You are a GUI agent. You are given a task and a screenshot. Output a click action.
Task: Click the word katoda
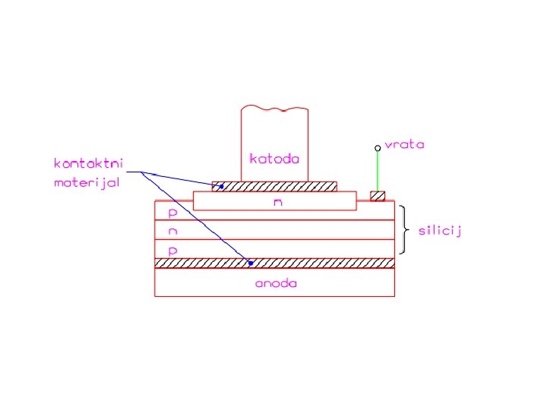click(274, 159)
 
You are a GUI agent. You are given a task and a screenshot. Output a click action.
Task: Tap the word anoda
click(275, 284)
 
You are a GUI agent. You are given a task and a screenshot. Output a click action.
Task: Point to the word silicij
click(440, 230)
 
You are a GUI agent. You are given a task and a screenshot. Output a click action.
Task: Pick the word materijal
click(87, 182)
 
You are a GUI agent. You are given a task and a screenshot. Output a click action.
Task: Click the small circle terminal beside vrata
click(378, 148)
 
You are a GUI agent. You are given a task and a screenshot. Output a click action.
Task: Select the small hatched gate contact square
click(378, 196)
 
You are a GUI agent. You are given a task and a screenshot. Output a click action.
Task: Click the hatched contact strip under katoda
click(274, 186)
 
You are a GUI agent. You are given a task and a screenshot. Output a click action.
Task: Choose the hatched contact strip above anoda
click(274, 263)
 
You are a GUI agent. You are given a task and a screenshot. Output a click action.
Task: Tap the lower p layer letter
click(172, 250)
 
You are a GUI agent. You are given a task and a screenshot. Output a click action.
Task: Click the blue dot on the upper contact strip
click(222, 186)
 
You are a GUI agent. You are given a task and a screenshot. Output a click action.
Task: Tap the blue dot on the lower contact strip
click(250, 263)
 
